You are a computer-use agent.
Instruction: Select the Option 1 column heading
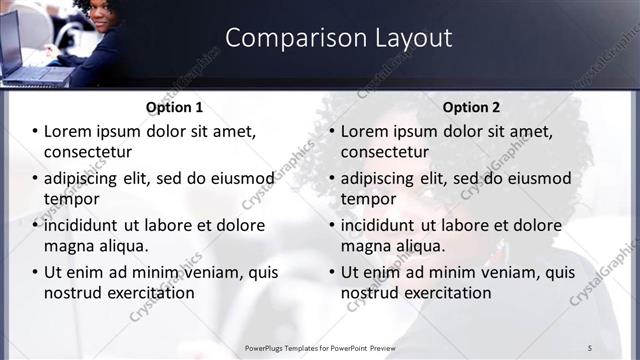174,107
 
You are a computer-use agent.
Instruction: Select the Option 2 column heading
471,107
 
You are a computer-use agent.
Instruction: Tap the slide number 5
590,347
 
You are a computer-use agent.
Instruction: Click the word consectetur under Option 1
88,152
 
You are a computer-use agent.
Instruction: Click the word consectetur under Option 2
385,152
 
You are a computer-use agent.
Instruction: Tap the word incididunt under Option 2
385,225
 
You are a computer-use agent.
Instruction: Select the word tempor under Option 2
368,199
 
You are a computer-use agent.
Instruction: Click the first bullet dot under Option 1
34,131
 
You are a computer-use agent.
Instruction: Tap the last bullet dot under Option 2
331,272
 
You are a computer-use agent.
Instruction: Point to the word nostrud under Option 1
70,293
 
